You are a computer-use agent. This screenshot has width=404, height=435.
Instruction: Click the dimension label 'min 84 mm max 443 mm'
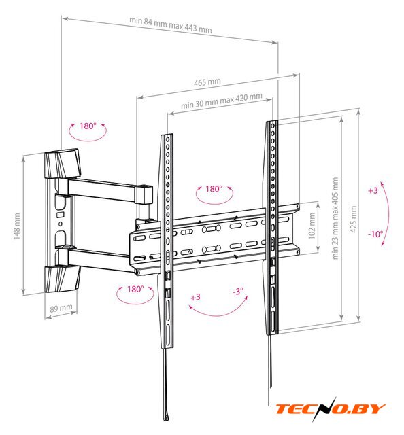pos(171,25)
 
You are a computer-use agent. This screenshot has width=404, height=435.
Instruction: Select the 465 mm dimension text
pos(207,82)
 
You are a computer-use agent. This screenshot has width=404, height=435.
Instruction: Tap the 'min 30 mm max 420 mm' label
pos(222,101)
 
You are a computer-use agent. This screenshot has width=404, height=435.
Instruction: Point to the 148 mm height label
pos(16,226)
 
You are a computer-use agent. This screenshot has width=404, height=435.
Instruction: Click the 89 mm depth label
pos(61,308)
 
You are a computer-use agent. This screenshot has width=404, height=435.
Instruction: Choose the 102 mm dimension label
pos(312,226)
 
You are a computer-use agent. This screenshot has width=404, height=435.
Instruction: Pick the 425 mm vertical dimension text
pos(353,219)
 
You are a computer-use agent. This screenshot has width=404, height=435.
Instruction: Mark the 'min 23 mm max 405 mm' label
pos(335,218)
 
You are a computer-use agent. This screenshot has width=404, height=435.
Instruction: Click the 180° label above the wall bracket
pos(88,126)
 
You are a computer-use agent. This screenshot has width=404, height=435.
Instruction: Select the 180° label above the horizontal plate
pos(214,189)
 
